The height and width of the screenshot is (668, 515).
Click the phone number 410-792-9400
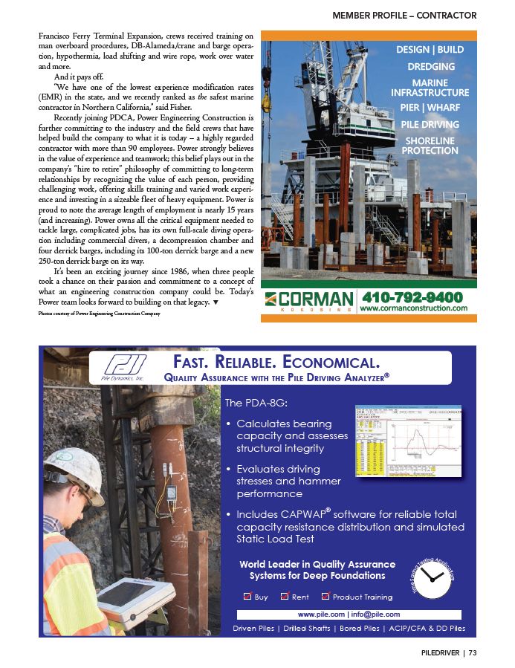(x=413, y=296)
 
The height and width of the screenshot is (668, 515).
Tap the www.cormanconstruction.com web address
(x=413, y=308)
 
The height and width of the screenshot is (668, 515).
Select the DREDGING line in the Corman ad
(x=431, y=66)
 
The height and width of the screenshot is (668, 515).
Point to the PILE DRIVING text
(x=430, y=124)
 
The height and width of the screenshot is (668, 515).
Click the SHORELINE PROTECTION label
(x=430, y=145)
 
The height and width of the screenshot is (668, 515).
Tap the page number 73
(x=472, y=654)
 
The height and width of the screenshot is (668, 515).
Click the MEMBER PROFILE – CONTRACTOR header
(x=404, y=15)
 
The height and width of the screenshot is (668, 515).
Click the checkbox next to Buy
(x=247, y=596)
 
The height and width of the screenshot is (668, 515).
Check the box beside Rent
(x=285, y=596)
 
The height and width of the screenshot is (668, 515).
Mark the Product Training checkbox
(x=325, y=596)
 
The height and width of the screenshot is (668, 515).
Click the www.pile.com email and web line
(x=349, y=615)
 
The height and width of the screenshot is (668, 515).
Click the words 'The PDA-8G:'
(x=256, y=403)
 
